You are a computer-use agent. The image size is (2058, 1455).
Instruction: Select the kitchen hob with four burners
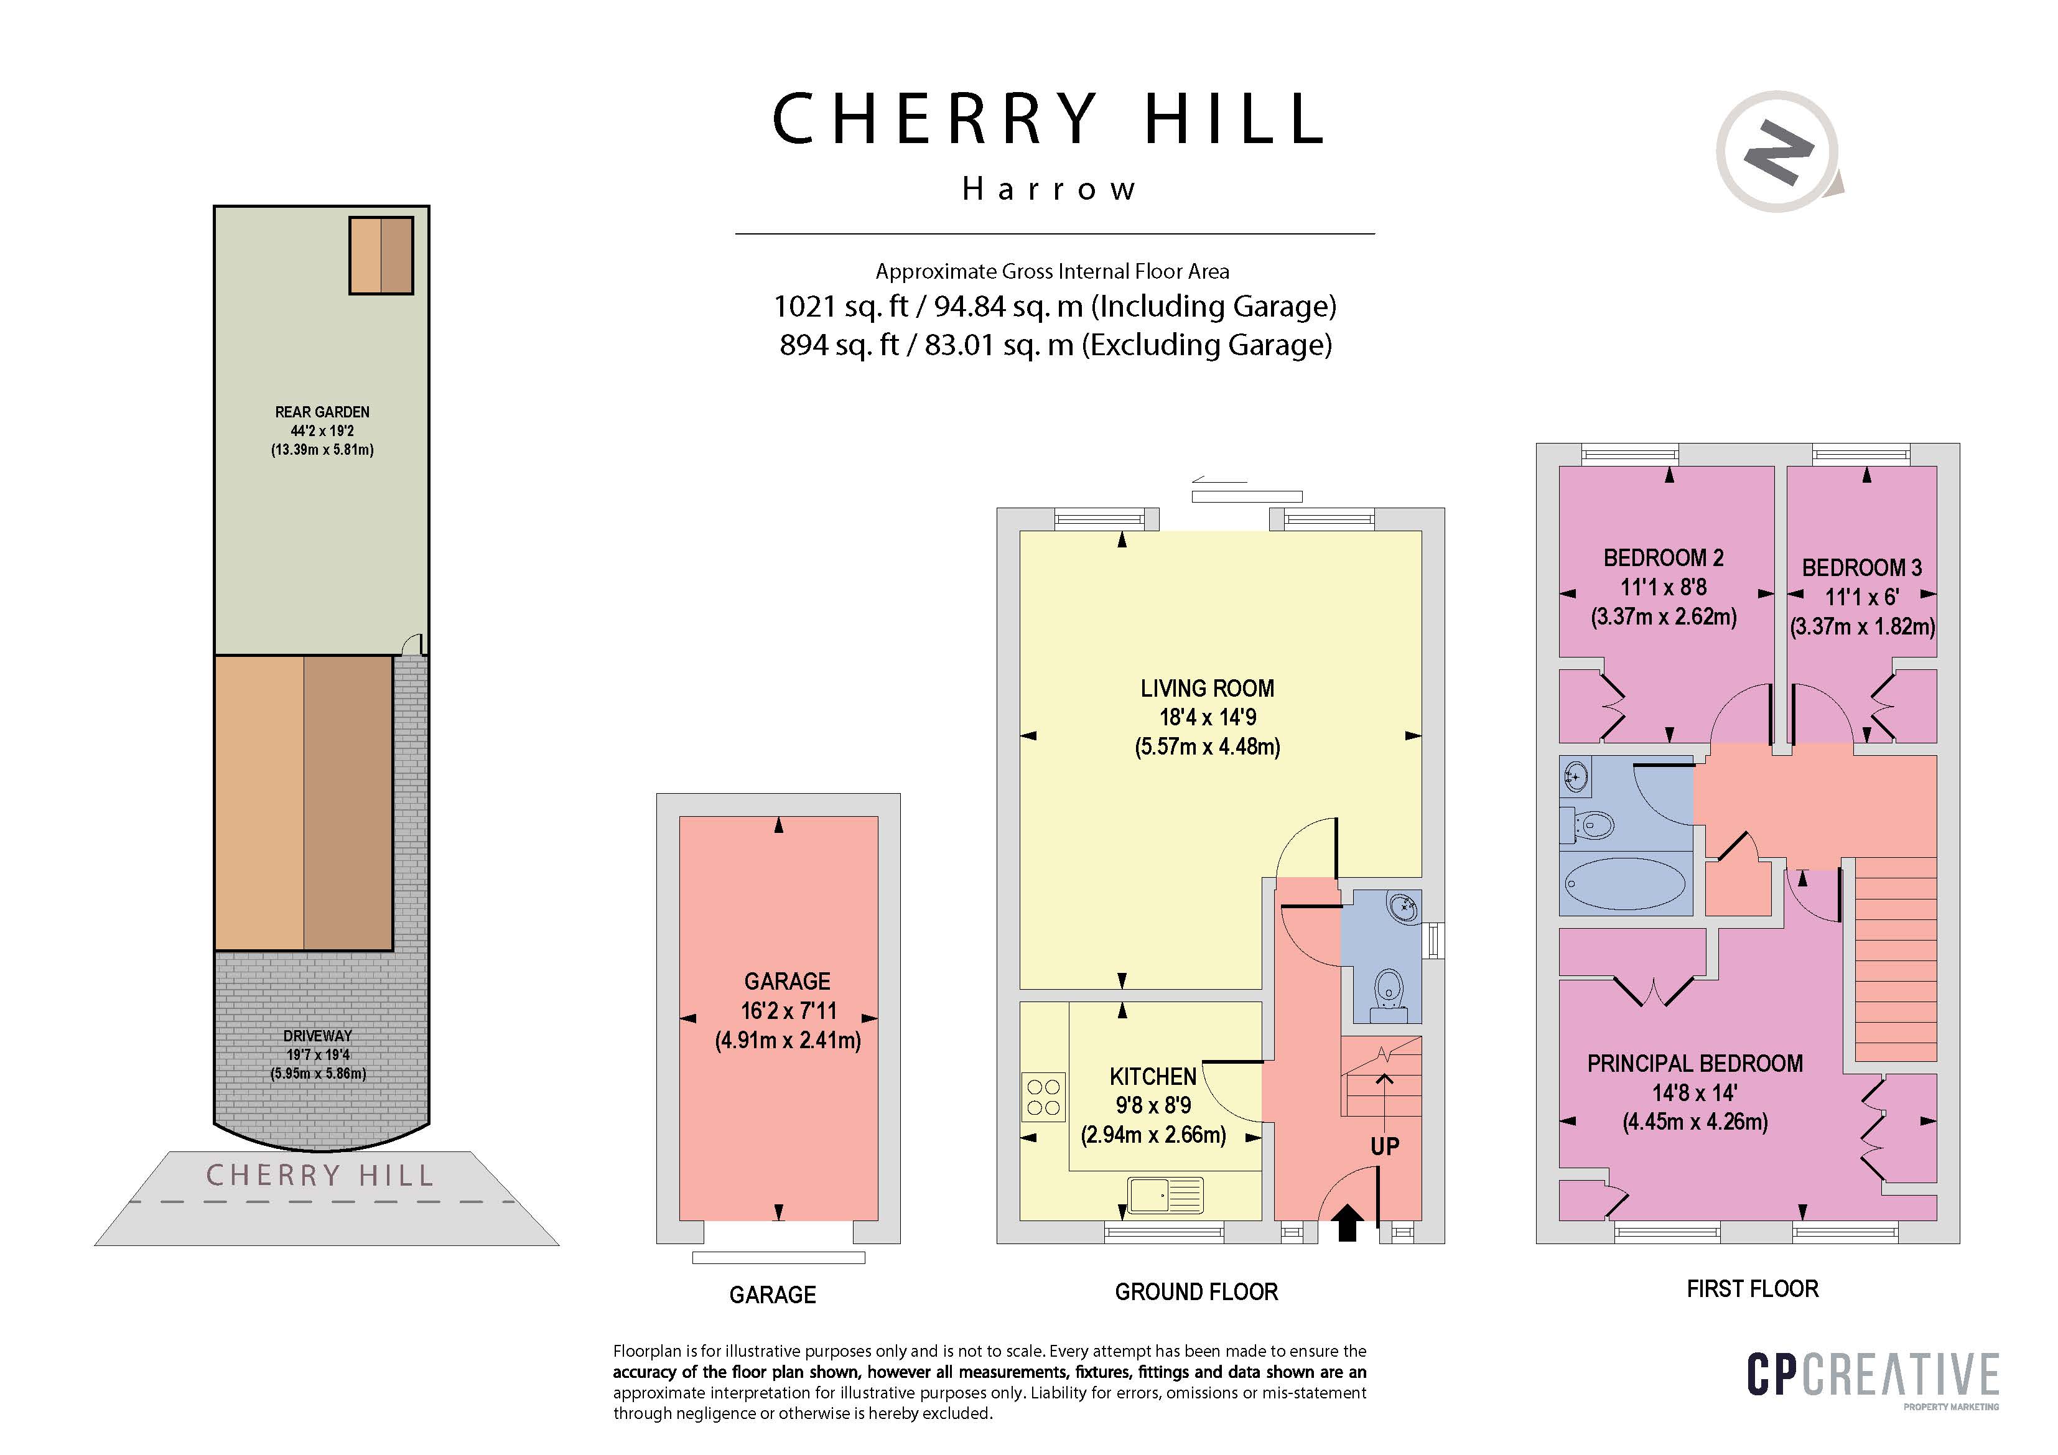[x=1043, y=1097]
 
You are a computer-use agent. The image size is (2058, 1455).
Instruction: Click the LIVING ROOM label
[x=1208, y=689]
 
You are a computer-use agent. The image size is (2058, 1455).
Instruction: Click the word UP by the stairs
[x=1385, y=1146]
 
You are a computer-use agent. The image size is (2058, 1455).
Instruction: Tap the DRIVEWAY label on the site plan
[x=317, y=1036]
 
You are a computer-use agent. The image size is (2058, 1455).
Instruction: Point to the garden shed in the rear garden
[x=381, y=256]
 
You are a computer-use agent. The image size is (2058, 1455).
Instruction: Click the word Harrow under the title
[x=1049, y=189]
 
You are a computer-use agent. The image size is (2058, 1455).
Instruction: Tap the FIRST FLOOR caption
[x=1753, y=1288]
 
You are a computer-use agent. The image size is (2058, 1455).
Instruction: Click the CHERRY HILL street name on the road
[x=319, y=1175]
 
